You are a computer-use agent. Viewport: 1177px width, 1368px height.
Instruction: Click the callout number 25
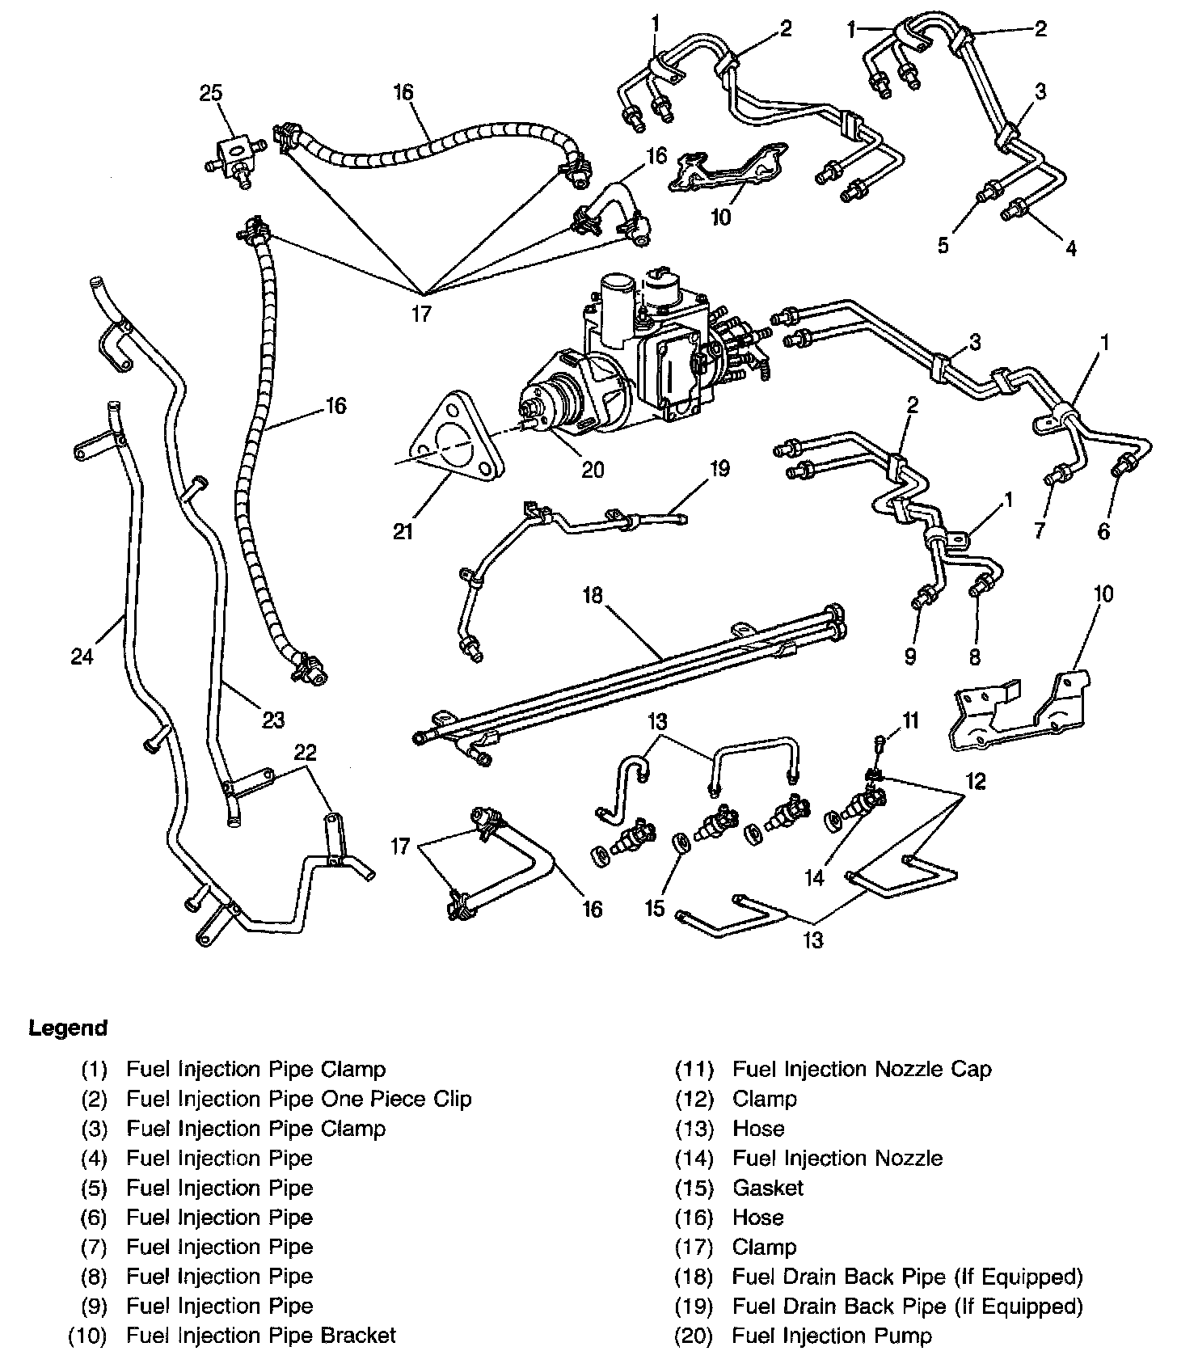point(211,95)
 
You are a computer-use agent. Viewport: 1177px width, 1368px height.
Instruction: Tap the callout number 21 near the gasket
point(403,531)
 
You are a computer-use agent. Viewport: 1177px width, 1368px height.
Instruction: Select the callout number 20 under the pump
point(593,470)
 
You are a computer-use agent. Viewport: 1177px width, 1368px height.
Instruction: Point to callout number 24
point(82,656)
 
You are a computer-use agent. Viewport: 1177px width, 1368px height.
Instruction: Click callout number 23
point(273,719)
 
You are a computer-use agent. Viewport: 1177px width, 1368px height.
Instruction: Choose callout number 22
point(305,753)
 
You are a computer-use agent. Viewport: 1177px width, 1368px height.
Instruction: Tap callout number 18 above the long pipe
point(593,596)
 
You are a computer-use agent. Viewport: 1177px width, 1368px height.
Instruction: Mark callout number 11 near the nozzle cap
point(911,720)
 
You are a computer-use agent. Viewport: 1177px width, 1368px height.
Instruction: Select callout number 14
point(815,877)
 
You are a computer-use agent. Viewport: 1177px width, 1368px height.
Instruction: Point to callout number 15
point(654,908)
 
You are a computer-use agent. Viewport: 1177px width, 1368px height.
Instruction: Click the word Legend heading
point(68,1028)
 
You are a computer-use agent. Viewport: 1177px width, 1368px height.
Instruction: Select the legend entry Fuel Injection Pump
point(831,1336)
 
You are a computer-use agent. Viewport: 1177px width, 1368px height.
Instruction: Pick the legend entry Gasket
point(767,1188)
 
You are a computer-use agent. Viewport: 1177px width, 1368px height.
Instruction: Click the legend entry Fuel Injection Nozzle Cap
point(861,1069)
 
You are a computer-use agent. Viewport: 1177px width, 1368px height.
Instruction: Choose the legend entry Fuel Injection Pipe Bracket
point(260,1336)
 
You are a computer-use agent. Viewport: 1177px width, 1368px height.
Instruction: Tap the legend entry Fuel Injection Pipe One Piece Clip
point(298,1099)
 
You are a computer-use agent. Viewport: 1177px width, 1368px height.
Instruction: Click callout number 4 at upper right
point(1070,248)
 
